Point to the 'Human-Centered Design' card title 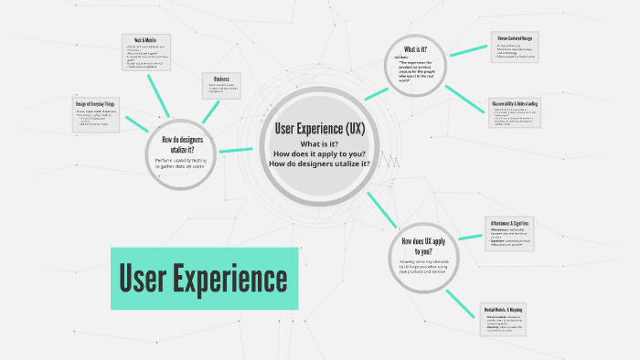513,37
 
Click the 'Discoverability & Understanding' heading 514,104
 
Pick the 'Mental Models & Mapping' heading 510,310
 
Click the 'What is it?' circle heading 418,48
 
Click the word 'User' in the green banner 143,277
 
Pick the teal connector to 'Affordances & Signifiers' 469,237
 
